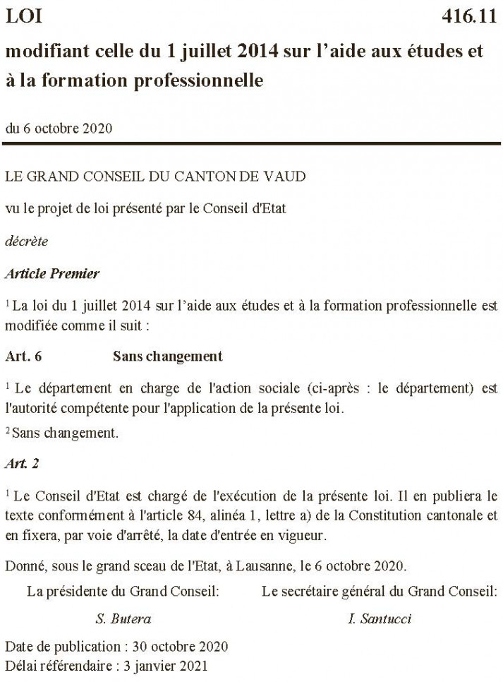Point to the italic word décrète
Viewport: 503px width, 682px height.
point(26,241)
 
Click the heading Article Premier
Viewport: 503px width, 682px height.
point(52,273)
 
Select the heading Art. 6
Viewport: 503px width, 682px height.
point(24,357)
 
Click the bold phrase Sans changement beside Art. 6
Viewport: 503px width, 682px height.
point(167,357)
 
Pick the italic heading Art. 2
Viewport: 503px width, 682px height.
point(20,463)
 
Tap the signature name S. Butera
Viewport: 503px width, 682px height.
point(123,619)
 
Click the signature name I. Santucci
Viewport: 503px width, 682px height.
point(380,619)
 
